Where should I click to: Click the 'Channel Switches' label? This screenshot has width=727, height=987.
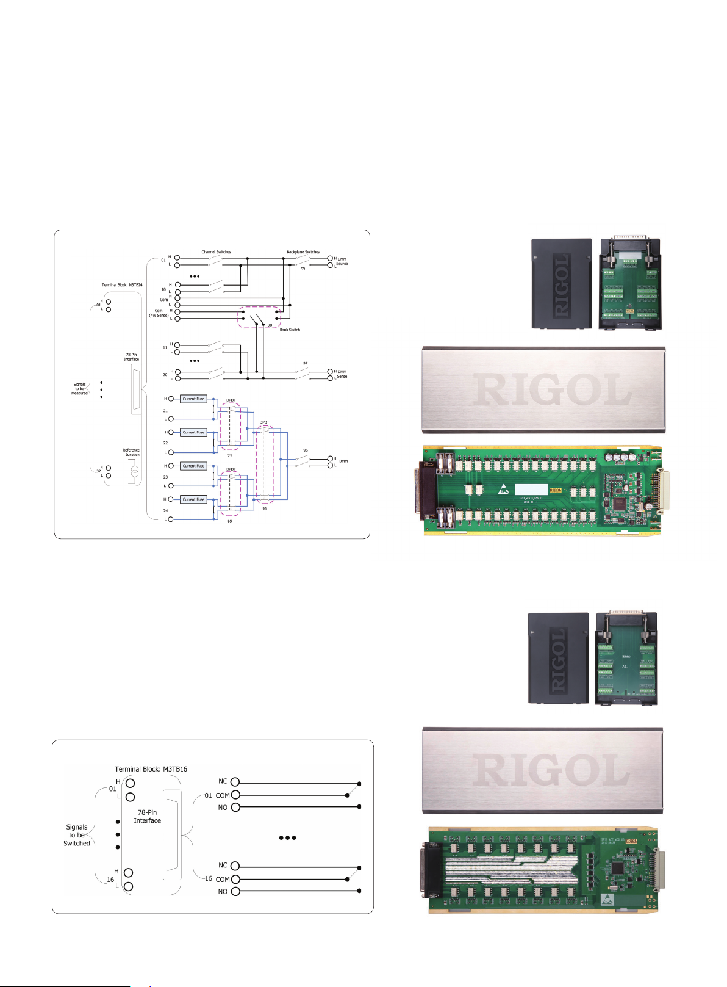pos(216,252)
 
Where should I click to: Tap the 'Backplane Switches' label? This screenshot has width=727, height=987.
pos(303,252)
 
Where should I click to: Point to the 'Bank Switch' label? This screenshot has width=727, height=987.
pos(290,330)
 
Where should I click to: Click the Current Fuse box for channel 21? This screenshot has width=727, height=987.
pos(193,399)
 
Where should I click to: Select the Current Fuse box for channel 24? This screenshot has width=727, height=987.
pos(193,499)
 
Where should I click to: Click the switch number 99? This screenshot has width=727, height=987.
pos(303,269)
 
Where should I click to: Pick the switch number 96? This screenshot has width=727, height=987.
pos(306,450)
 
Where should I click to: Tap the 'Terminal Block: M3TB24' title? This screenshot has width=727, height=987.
pos(122,285)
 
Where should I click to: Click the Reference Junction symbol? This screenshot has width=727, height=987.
pos(135,471)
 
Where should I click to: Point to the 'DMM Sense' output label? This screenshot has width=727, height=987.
pos(342,374)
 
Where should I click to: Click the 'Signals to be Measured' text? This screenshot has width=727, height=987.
pos(79,389)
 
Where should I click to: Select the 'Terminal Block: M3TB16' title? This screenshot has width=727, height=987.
pos(151,769)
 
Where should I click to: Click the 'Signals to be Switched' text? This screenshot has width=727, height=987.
pos(77,835)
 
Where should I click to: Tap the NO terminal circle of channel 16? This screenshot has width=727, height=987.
pos(235,891)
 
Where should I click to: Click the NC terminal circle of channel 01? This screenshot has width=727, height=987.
pos(235,781)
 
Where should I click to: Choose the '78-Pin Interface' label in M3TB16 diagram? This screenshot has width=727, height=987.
pos(147,817)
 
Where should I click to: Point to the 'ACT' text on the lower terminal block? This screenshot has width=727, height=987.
pos(626,667)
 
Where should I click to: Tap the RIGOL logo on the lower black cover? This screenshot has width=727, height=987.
pos(558,660)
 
